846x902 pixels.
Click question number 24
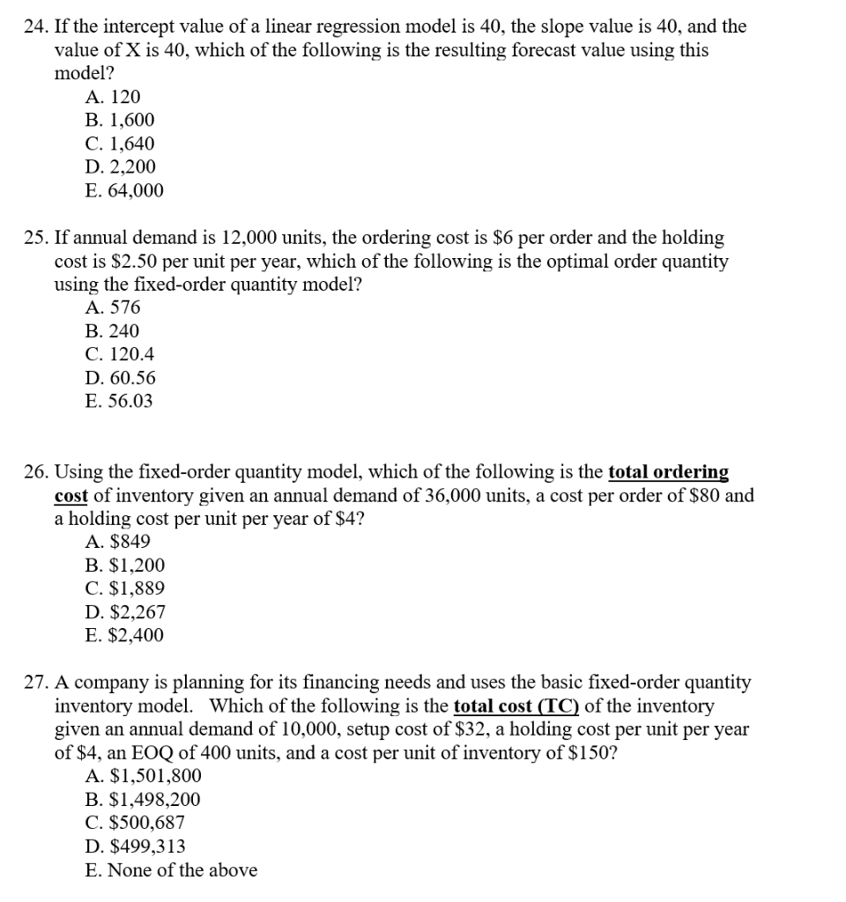pyautogui.click(x=33, y=26)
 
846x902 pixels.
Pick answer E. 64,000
pyautogui.click(x=125, y=191)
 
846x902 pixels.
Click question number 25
pyautogui.click(x=33, y=238)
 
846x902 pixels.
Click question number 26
pyautogui.click(x=33, y=472)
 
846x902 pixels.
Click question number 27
pyautogui.click(x=33, y=683)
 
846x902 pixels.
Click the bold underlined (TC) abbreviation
pyautogui.click(x=556, y=706)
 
